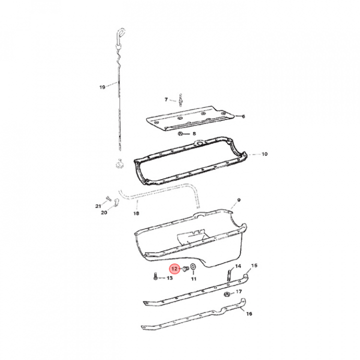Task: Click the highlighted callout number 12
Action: coord(174,268)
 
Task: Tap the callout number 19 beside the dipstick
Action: coord(102,87)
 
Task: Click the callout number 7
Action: coord(166,99)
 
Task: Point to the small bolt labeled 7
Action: coord(180,100)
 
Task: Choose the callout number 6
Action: coord(243,116)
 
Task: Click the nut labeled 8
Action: coord(180,133)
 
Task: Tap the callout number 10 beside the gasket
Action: coord(264,154)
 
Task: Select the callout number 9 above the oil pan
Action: coord(239,200)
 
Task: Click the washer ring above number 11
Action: coord(193,267)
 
